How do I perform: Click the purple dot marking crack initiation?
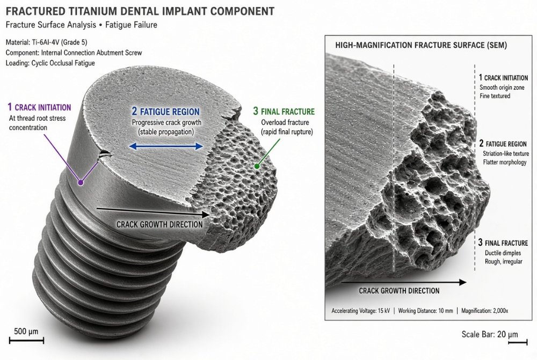click(81, 182)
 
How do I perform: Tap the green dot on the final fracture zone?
click(257, 166)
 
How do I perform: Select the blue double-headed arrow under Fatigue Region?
click(166, 146)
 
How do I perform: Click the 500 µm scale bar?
click(26, 340)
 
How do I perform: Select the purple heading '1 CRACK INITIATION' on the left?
click(39, 107)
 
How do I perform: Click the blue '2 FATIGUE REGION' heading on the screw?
click(166, 112)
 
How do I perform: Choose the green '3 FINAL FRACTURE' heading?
click(284, 112)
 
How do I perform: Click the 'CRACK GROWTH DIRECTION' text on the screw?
click(159, 224)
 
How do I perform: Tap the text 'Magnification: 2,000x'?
click(484, 311)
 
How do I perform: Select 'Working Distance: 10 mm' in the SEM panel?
click(425, 311)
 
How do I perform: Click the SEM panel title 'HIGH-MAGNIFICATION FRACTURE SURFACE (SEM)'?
click(421, 45)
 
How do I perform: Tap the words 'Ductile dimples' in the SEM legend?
click(503, 253)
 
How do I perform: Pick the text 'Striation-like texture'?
click(506, 153)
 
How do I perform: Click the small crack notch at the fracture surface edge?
click(105, 155)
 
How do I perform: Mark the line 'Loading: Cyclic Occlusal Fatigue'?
click(50, 63)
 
